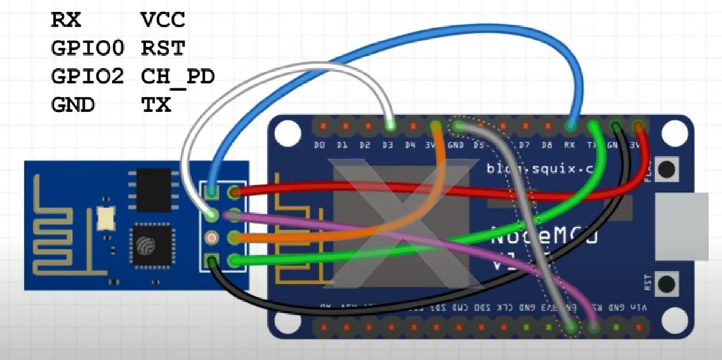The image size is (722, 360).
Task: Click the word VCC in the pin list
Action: coord(163,20)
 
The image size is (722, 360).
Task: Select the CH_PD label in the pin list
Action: coord(178,76)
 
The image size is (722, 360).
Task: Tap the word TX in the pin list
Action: coord(156,105)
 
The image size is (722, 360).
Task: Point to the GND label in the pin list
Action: coord(73,105)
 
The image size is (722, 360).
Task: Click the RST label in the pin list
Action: coord(163,48)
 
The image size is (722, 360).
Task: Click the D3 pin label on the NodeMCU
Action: coord(387,146)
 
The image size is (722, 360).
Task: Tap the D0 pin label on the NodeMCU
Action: coord(319,146)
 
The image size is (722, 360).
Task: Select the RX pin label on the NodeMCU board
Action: coord(569,146)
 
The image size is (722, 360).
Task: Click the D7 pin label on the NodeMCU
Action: coord(524,146)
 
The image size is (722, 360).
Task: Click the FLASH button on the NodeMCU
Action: coord(666,169)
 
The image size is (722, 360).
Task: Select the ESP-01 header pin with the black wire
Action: coord(211,261)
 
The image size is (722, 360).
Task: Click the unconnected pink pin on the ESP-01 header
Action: coord(211,238)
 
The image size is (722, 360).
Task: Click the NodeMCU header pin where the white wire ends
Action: coord(390,126)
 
